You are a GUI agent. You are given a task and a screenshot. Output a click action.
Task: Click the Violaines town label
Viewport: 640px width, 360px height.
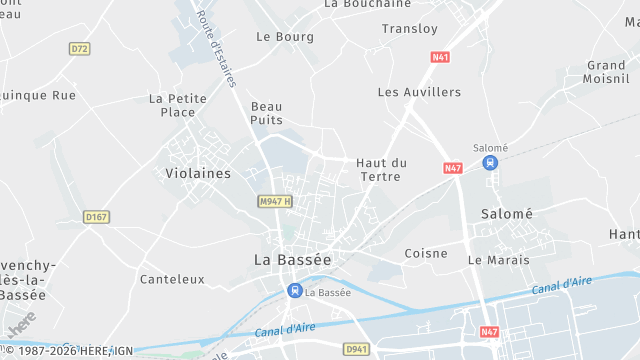[x=197, y=173]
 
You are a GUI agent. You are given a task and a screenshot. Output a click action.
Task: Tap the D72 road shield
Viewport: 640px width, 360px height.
[x=80, y=48]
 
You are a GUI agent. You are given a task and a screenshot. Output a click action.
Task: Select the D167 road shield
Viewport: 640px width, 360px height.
[x=96, y=216]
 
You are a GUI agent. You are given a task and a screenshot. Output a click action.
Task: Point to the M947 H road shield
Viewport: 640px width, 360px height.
[x=274, y=201]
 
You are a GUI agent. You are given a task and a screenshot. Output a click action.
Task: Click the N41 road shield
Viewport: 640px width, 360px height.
[x=440, y=57]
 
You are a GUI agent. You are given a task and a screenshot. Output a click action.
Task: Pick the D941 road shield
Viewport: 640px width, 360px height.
[x=357, y=349]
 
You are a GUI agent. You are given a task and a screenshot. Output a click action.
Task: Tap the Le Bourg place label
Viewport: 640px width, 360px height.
[x=285, y=37]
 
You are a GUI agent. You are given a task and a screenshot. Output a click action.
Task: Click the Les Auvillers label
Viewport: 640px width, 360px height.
[x=419, y=92]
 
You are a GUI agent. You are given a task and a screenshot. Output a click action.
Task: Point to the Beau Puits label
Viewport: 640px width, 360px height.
[x=267, y=113]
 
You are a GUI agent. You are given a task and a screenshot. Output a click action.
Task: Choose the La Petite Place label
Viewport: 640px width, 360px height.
[x=177, y=105]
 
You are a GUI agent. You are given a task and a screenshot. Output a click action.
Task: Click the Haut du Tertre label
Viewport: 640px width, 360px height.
[x=381, y=169]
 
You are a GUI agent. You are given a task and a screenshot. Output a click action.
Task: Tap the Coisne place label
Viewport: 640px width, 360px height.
[x=426, y=253]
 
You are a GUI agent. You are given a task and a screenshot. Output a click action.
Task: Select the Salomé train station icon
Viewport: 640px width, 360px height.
[x=489, y=163]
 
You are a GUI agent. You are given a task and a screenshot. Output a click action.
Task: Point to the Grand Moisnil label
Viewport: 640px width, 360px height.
[x=605, y=71]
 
